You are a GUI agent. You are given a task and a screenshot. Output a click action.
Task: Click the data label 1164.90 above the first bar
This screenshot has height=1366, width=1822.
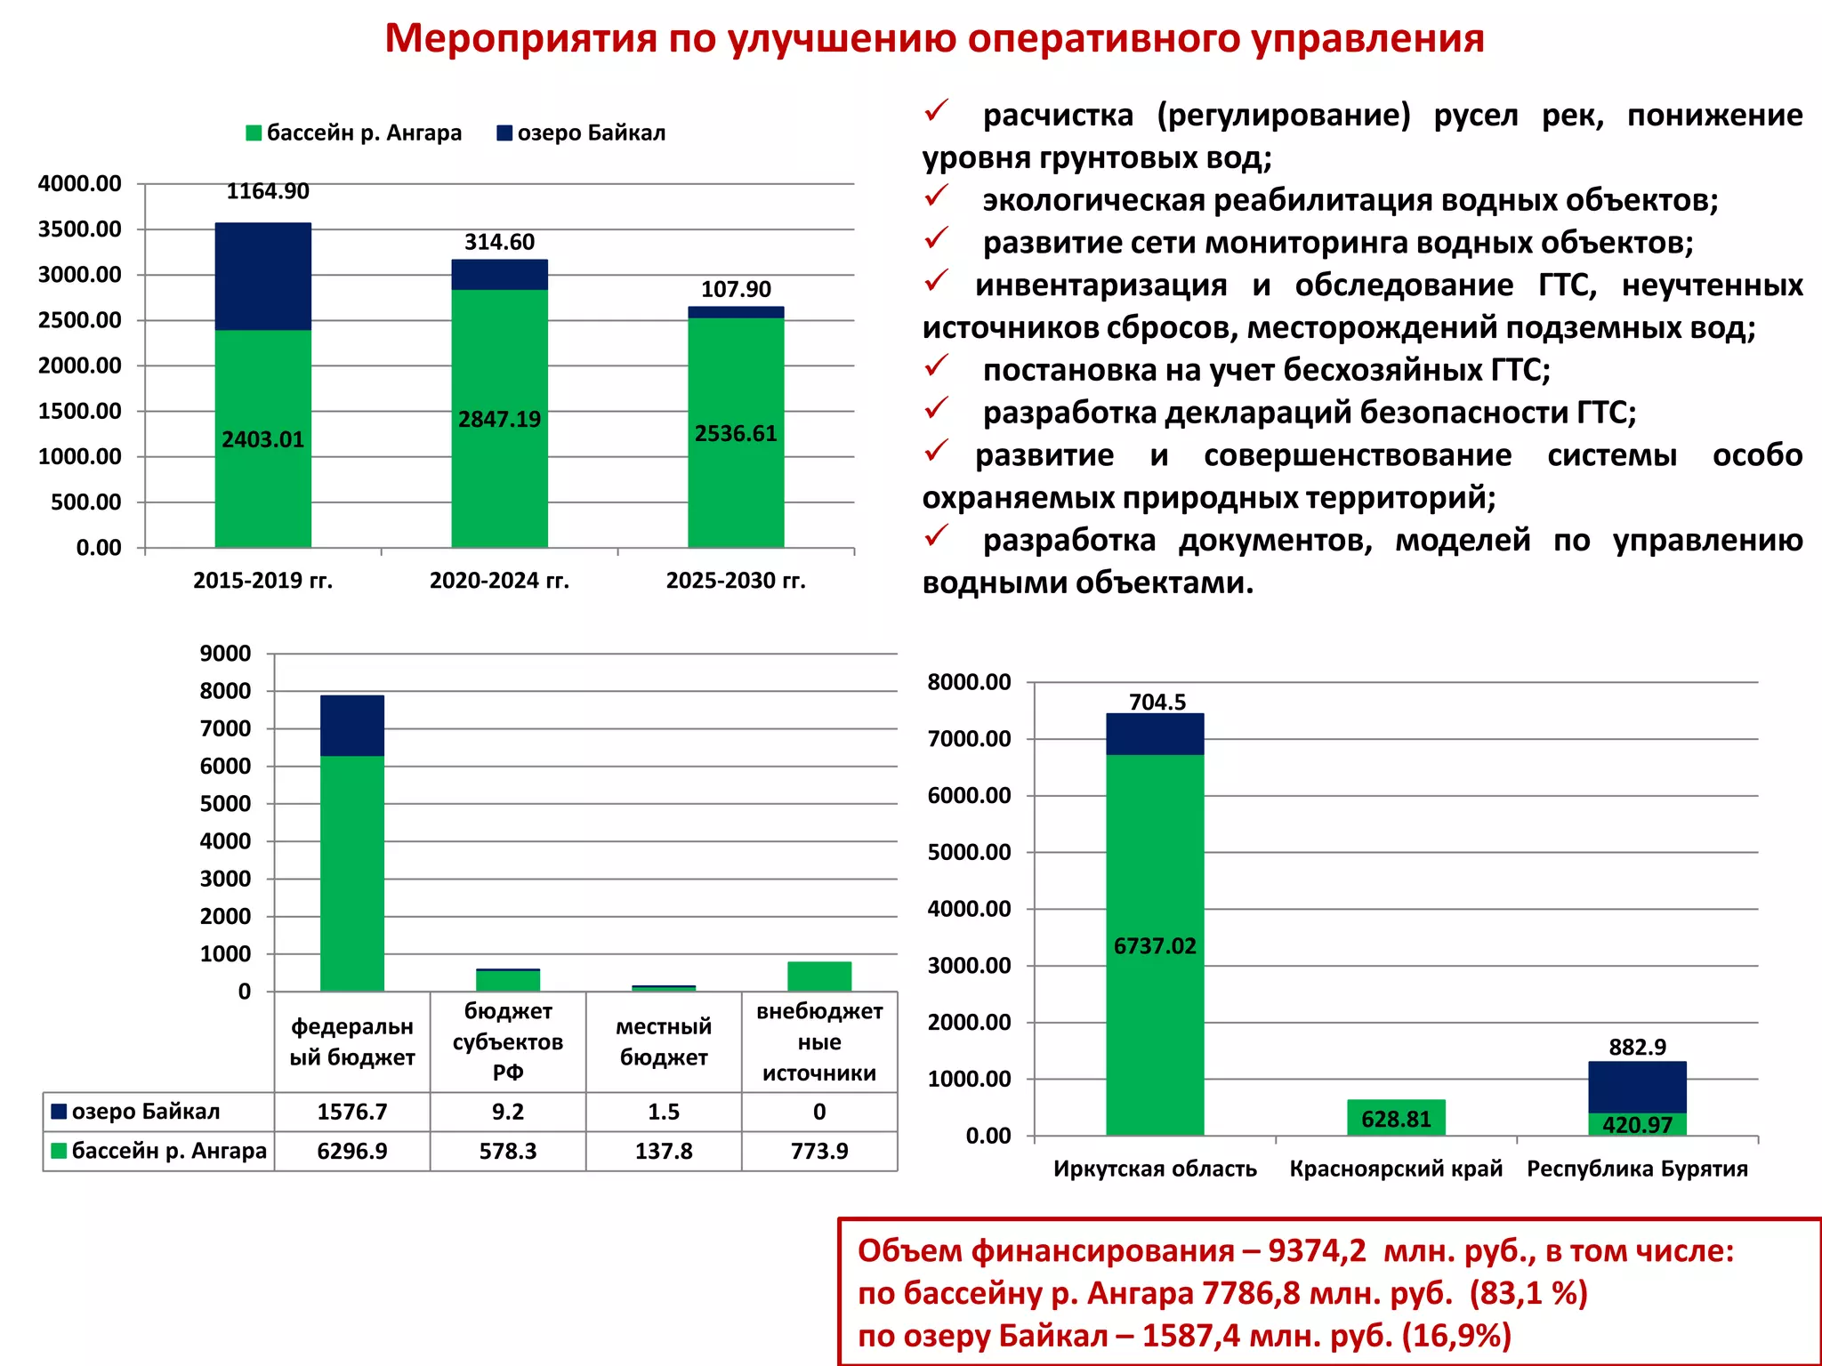pyautogui.click(x=268, y=191)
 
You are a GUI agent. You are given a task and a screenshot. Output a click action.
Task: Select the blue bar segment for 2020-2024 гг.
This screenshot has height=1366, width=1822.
pyautogui.click(x=499, y=275)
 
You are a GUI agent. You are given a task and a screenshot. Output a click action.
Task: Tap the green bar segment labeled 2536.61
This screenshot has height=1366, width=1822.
pyautogui.click(x=736, y=432)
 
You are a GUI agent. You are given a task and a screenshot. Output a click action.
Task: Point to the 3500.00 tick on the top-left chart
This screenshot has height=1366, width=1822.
pyautogui.click(x=79, y=229)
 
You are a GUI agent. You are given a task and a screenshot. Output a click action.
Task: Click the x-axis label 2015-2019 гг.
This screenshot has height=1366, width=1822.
pyautogui.click(x=262, y=581)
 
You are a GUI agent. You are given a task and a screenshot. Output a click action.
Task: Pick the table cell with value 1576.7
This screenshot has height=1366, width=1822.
pyautogui.click(x=352, y=1112)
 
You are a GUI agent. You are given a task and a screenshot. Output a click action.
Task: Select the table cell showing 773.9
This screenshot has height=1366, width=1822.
pyautogui.click(x=819, y=1151)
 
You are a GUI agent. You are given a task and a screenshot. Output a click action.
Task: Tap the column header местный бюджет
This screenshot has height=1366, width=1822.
pyautogui.click(x=664, y=1041)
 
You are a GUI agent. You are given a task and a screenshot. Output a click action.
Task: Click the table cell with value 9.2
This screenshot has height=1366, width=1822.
pyautogui.click(x=508, y=1112)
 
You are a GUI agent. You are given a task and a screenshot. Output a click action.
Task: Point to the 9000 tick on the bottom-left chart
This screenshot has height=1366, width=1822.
pyautogui.click(x=225, y=654)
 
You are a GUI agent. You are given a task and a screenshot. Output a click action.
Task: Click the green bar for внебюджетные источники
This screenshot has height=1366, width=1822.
pyautogui.click(x=819, y=976)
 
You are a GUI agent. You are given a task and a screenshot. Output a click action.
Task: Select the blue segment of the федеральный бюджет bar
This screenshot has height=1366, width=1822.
pyautogui.click(x=352, y=726)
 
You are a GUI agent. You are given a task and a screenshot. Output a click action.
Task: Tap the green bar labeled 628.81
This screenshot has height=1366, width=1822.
pyautogui.click(x=1396, y=1118)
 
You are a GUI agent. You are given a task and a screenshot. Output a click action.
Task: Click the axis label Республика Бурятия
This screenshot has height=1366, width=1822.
pyautogui.click(x=1637, y=1169)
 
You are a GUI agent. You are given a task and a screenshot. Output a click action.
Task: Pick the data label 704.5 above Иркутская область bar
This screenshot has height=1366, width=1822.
pyautogui.click(x=1157, y=703)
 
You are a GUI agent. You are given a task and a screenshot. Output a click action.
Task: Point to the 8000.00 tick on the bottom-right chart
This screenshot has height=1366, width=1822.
pyautogui.click(x=969, y=683)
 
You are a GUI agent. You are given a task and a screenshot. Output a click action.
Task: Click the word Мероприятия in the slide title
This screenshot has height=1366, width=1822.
pyautogui.click(x=520, y=39)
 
